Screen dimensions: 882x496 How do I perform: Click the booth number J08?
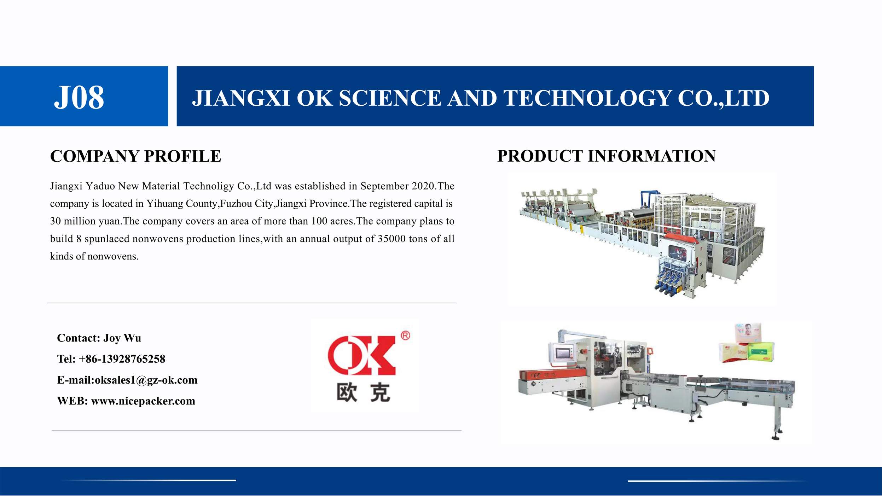(79, 97)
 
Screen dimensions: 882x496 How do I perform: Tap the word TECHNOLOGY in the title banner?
(587, 98)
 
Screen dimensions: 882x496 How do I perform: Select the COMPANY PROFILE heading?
(135, 156)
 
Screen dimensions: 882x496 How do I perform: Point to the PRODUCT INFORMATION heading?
(607, 156)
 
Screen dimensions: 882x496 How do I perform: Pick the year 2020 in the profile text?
(423, 186)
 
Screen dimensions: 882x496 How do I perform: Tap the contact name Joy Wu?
(122, 338)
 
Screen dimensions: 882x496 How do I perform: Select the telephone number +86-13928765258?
(122, 359)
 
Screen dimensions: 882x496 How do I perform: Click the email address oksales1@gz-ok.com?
(146, 380)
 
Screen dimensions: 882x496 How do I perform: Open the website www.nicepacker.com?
(143, 401)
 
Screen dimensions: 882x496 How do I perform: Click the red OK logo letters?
(361, 355)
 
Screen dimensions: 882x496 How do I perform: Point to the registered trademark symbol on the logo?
(405, 335)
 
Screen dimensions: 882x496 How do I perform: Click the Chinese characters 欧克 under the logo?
(363, 393)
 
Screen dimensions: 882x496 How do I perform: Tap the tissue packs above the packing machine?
(747, 343)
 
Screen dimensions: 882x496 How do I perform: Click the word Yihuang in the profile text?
(165, 204)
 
